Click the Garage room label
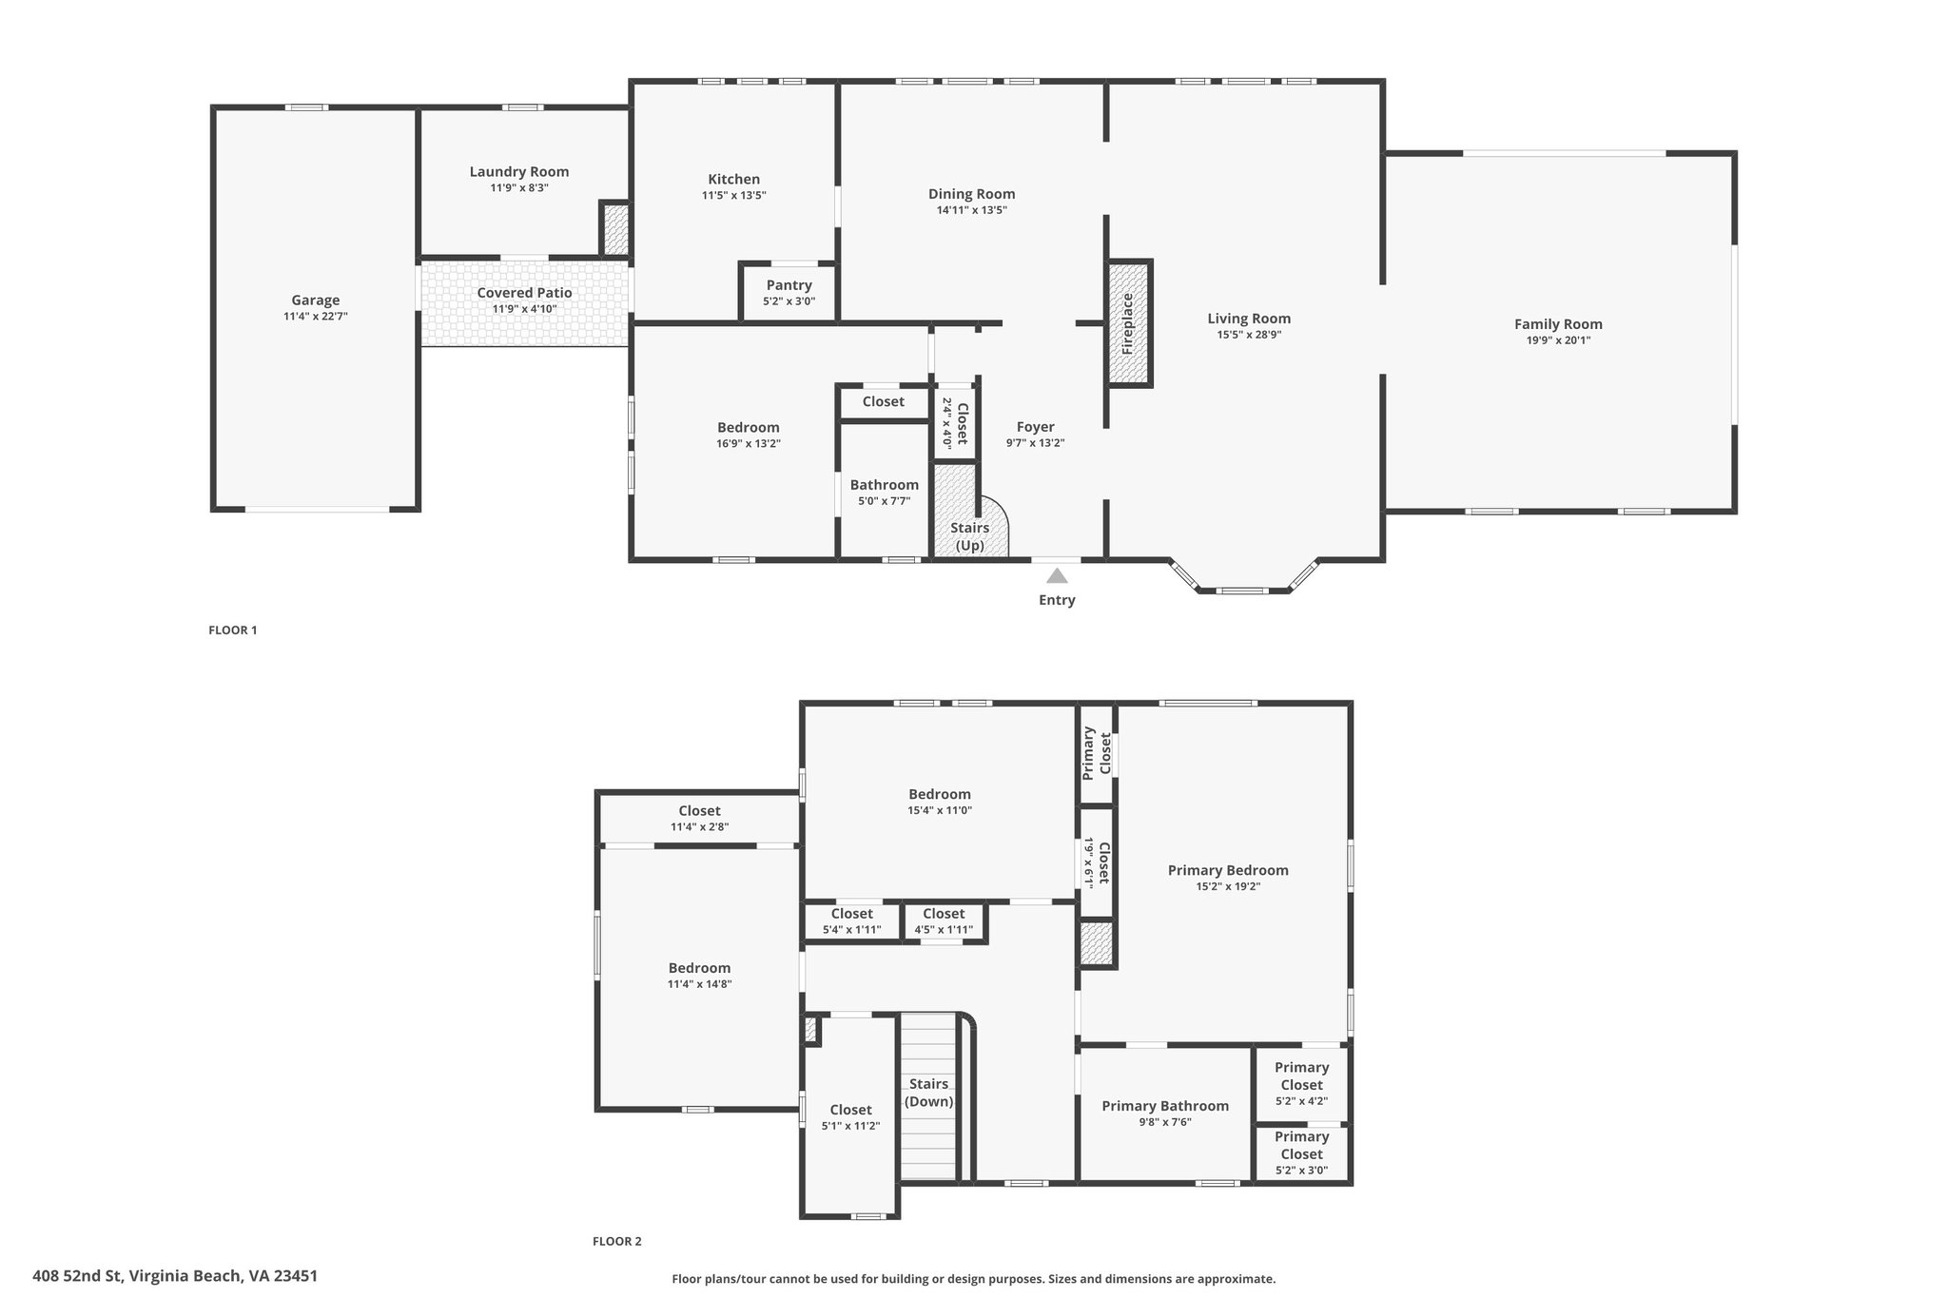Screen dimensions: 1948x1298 point(315,300)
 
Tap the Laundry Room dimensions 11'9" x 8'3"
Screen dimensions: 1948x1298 point(519,188)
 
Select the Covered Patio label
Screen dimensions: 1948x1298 point(524,293)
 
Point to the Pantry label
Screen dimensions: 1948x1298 point(789,285)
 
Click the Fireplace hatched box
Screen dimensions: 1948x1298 point(1129,323)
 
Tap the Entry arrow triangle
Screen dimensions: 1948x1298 point(1057,575)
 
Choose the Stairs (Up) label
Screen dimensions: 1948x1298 point(969,536)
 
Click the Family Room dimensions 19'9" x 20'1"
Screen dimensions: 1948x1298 point(1558,340)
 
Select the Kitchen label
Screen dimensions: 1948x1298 point(733,179)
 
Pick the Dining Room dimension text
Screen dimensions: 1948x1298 point(971,210)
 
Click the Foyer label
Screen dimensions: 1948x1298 point(1035,427)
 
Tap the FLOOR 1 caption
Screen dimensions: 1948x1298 point(233,630)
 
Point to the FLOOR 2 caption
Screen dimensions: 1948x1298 point(617,1241)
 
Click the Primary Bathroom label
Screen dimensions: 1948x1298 point(1165,1106)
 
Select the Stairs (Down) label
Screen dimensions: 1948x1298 point(928,1093)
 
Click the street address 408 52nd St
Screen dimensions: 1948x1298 point(78,1276)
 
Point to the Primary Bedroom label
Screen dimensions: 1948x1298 point(1228,870)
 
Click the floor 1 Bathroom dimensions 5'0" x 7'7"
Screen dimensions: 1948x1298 point(885,501)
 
